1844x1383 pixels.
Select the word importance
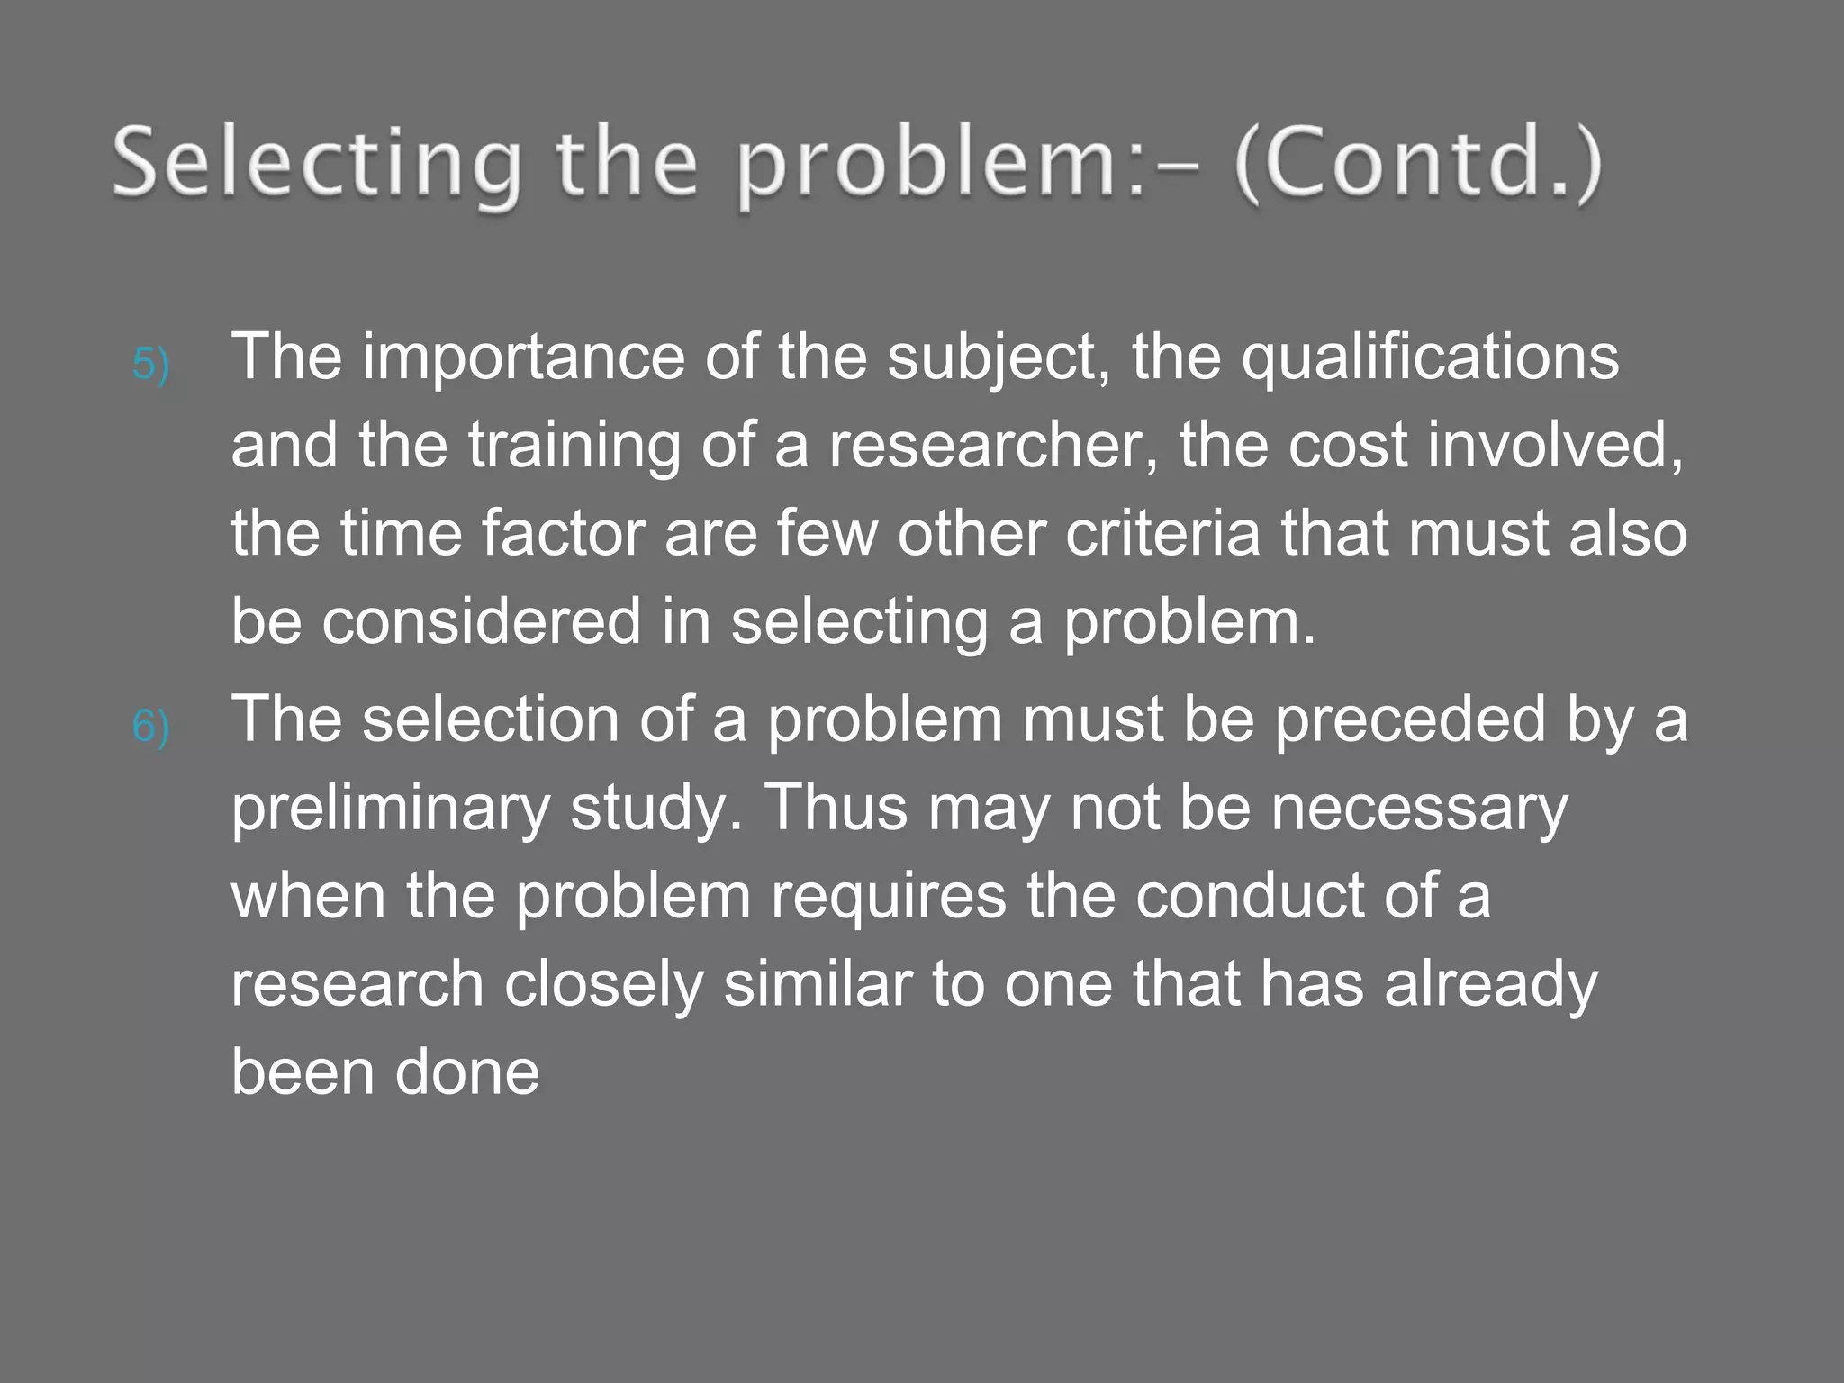524,357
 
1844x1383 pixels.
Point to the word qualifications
1430,357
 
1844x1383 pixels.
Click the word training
574,446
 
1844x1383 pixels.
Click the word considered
481,621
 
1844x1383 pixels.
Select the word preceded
1409,719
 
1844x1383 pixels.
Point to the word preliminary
390,808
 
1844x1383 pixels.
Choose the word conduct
1250,896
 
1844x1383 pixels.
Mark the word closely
603,984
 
